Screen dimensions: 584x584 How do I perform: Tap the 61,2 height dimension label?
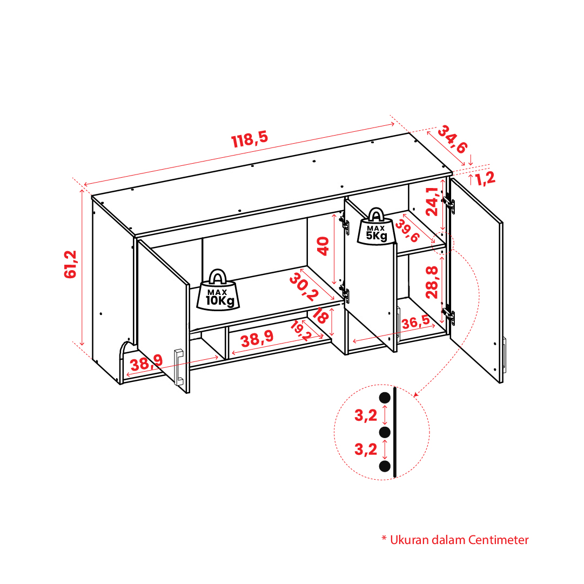[x=70, y=264]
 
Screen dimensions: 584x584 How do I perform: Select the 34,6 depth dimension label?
[x=452, y=140]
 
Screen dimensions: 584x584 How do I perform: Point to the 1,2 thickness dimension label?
[x=485, y=178]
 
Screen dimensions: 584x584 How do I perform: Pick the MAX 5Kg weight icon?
[x=376, y=227]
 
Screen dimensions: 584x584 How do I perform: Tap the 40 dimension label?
[x=323, y=246]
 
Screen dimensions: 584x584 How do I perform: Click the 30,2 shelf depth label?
[x=304, y=287]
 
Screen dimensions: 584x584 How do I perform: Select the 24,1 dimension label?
[x=432, y=201]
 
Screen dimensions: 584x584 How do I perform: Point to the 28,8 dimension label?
[x=432, y=282]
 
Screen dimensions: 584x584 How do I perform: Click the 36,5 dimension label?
[x=415, y=322]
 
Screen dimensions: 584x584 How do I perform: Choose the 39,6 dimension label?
[x=407, y=231]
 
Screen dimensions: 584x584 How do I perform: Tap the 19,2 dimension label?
[x=300, y=331]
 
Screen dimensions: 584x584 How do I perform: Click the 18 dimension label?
[x=320, y=316]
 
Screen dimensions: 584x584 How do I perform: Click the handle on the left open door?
[x=179, y=367]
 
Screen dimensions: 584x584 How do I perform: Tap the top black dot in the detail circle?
[x=385, y=398]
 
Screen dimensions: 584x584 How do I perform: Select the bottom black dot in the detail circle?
[x=385, y=466]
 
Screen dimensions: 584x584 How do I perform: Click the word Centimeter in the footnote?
[x=498, y=540]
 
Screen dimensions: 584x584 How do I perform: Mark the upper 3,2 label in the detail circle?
[x=366, y=415]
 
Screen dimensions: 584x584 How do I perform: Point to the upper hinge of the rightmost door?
[x=449, y=203]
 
